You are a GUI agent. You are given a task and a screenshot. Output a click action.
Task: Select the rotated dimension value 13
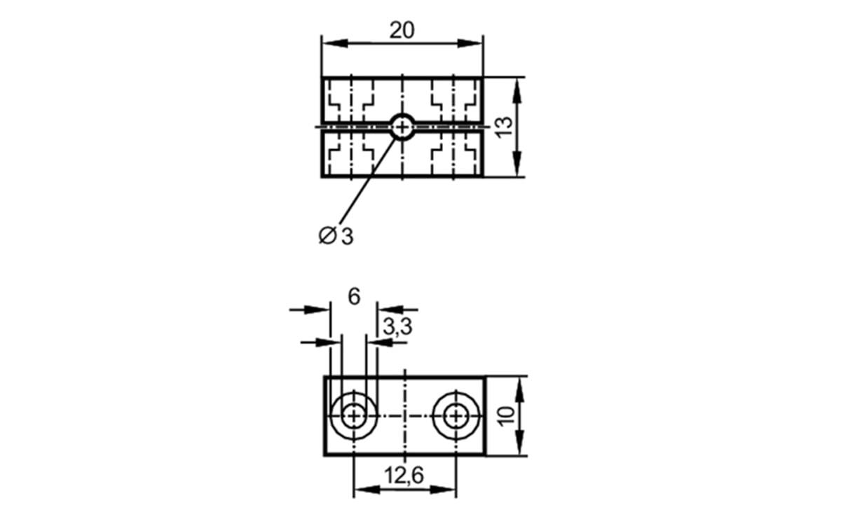504,127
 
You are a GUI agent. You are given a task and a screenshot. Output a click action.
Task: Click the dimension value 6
353,297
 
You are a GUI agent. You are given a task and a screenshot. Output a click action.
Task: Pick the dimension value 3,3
397,326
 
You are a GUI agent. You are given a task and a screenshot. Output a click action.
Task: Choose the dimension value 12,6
404,476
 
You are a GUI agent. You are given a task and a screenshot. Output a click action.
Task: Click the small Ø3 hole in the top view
402,127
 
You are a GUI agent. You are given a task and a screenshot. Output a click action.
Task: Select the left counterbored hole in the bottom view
354,416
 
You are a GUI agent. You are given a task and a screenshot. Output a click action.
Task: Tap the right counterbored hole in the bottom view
457,416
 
